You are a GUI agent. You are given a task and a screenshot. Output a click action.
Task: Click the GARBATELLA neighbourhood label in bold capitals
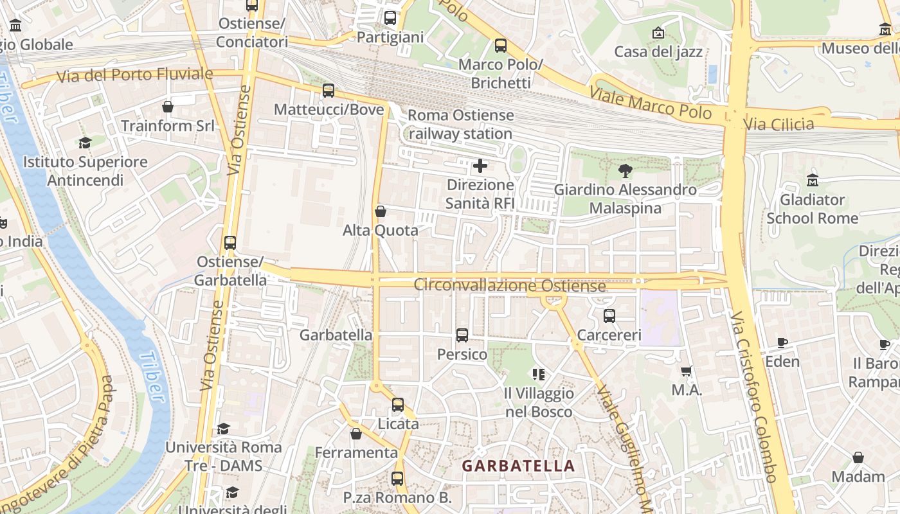coord(518,466)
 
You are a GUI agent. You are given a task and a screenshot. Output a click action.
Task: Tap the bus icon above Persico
coord(462,335)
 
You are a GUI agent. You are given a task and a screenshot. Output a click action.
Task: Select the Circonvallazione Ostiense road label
coord(510,285)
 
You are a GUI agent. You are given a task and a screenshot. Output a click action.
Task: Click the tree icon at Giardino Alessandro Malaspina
coord(625,170)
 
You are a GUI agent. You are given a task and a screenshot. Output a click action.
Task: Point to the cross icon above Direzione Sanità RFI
coord(480,166)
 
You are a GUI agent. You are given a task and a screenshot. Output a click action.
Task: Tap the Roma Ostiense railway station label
coord(460,125)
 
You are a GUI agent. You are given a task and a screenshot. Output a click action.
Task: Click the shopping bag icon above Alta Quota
coord(381,211)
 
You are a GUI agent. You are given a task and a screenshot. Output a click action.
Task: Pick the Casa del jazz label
coord(658,51)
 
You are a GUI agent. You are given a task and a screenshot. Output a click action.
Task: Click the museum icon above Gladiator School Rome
coord(813,181)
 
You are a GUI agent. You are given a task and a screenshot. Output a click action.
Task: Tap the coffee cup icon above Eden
coord(782,342)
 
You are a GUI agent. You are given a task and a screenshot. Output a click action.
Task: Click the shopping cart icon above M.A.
coord(687,371)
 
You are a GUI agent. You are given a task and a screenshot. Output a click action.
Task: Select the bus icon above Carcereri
coord(609,316)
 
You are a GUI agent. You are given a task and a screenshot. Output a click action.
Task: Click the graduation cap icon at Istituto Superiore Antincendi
coord(85,143)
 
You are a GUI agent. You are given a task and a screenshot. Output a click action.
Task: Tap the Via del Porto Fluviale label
coord(134,75)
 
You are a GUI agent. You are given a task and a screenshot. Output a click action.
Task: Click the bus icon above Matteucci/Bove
coord(328,91)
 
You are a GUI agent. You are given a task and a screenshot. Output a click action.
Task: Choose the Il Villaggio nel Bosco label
coord(539,402)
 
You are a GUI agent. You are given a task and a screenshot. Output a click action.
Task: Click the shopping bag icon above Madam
coord(858,457)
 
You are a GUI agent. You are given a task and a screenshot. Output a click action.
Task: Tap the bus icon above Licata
coord(398,405)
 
